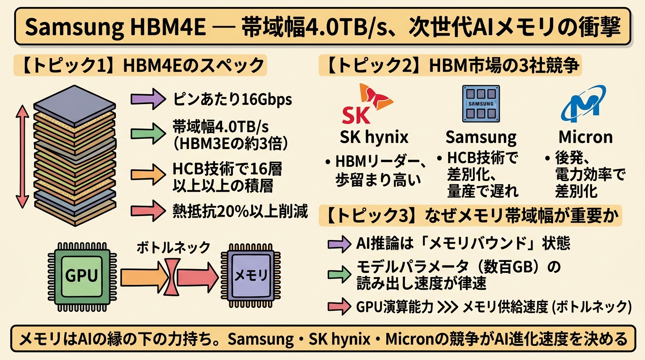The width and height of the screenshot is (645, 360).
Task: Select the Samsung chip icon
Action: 481,104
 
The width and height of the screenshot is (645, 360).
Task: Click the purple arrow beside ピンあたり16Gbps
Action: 147,99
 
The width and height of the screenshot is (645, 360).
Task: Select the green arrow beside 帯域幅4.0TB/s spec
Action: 147,133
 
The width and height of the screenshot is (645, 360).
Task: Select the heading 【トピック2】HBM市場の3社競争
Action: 450,66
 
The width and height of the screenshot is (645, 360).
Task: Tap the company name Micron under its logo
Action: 585,137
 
